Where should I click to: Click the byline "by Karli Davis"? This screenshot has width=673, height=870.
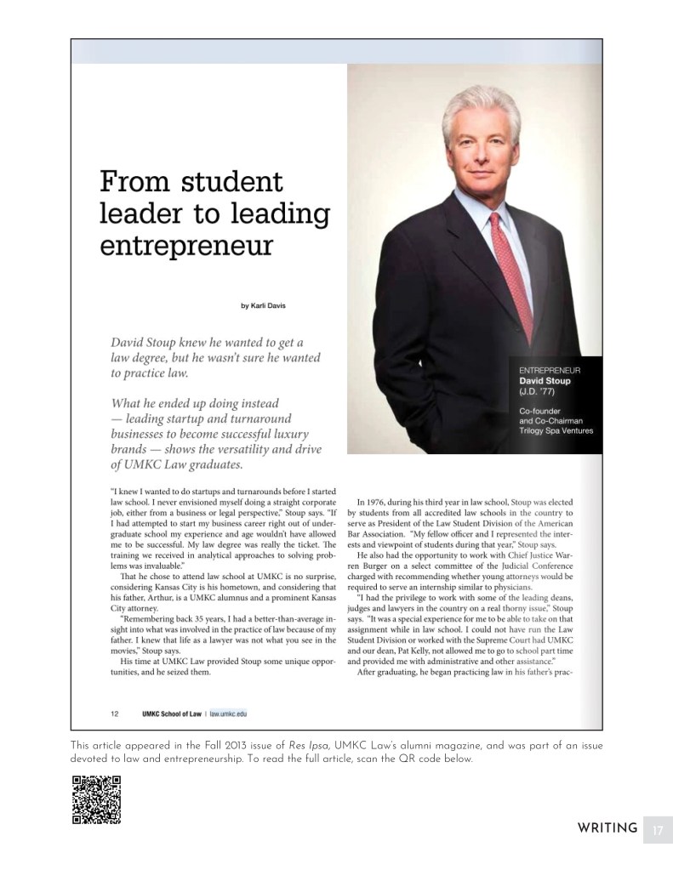pyautogui.click(x=263, y=305)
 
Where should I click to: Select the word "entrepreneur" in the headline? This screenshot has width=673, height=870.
pyautogui.click(x=186, y=245)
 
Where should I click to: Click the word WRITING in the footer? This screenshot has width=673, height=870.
pyautogui.click(x=607, y=828)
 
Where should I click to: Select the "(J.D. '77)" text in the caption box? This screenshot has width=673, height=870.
pyautogui.click(x=537, y=392)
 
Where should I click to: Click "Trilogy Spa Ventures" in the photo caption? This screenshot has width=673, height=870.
pyautogui.click(x=556, y=431)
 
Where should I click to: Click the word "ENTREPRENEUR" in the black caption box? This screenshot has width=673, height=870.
pyautogui.click(x=550, y=371)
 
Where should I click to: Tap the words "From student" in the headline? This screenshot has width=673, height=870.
pyautogui.click(x=191, y=181)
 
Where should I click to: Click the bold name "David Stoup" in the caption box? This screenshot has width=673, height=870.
pyautogui.click(x=545, y=381)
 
